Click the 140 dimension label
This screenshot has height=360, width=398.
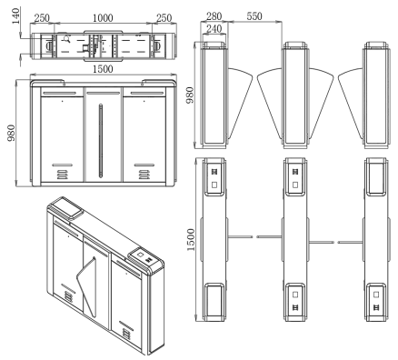click(x=16, y=16)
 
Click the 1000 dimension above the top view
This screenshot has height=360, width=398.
click(x=103, y=18)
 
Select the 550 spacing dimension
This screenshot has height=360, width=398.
click(x=254, y=16)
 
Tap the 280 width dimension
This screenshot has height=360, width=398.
click(x=214, y=16)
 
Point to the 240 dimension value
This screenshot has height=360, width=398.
click(x=214, y=29)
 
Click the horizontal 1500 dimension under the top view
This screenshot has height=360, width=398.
click(x=103, y=69)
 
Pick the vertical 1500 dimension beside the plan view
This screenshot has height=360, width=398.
click(x=191, y=240)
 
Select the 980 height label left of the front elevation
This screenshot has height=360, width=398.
click(x=11, y=133)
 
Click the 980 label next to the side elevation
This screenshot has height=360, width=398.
click(x=190, y=95)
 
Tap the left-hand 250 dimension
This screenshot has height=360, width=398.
click(x=42, y=18)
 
